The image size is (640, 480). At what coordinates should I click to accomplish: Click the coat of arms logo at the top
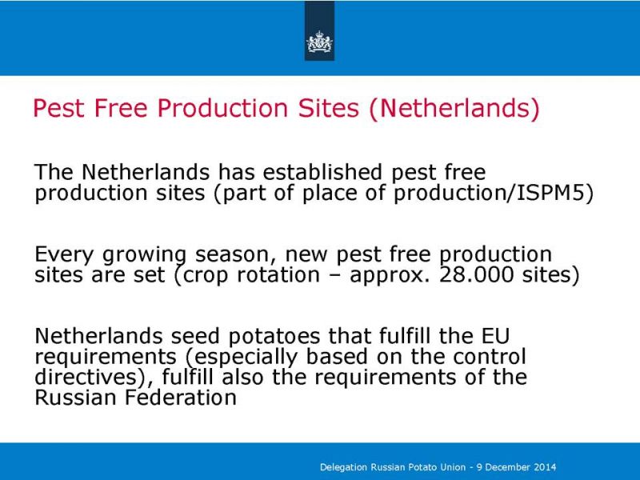click(x=319, y=42)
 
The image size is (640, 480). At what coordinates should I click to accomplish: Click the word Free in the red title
click(x=121, y=108)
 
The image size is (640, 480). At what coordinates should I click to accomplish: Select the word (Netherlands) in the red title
click(x=454, y=109)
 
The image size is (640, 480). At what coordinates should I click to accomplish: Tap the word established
click(x=322, y=172)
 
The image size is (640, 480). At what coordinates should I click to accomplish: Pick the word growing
click(x=145, y=255)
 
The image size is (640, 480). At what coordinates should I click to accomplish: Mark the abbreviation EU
click(x=495, y=335)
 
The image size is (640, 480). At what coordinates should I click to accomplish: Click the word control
click(x=490, y=356)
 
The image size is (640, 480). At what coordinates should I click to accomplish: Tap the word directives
click(x=86, y=376)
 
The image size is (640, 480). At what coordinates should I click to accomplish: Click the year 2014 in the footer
click(x=544, y=467)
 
